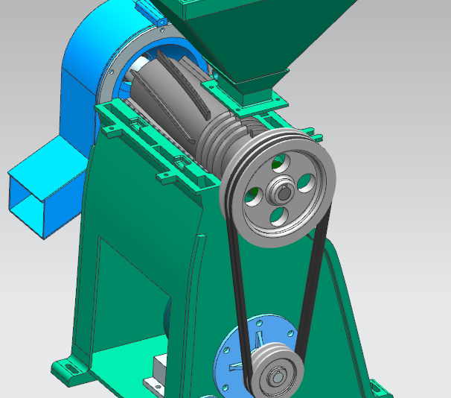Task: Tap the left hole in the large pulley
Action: click(255, 195)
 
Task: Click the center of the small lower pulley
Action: click(278, 376)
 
